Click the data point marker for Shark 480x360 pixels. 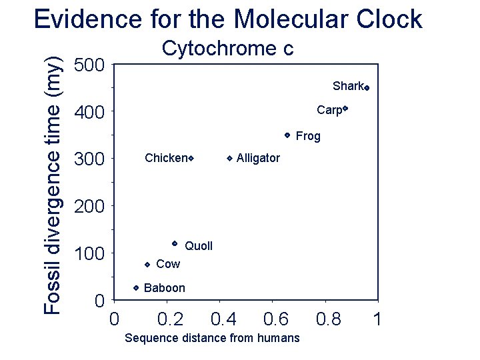point(367,87)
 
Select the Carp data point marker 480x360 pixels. point(347,108)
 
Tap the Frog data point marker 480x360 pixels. point(287,135)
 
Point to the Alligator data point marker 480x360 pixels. point(229,158)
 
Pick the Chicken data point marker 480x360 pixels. point(191,158)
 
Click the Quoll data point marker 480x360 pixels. point(174,243)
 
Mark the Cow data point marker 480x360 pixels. point(147,264)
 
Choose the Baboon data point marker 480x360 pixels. point(135,287)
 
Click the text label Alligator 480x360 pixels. point(258,158)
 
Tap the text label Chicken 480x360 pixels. point(165,158)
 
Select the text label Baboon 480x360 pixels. point(164,288)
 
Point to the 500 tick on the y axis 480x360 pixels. point(89,65)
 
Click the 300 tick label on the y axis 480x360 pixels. point(89,160)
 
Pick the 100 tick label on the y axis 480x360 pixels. point(89,255)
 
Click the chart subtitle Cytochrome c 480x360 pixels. point(228,49)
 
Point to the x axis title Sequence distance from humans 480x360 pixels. point(212,338)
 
